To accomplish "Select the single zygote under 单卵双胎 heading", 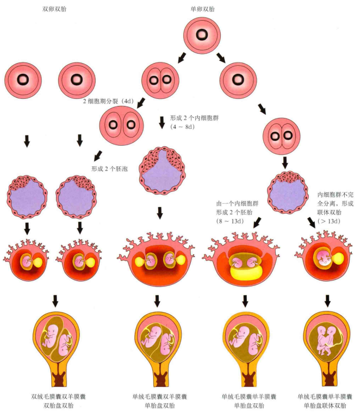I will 201,35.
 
